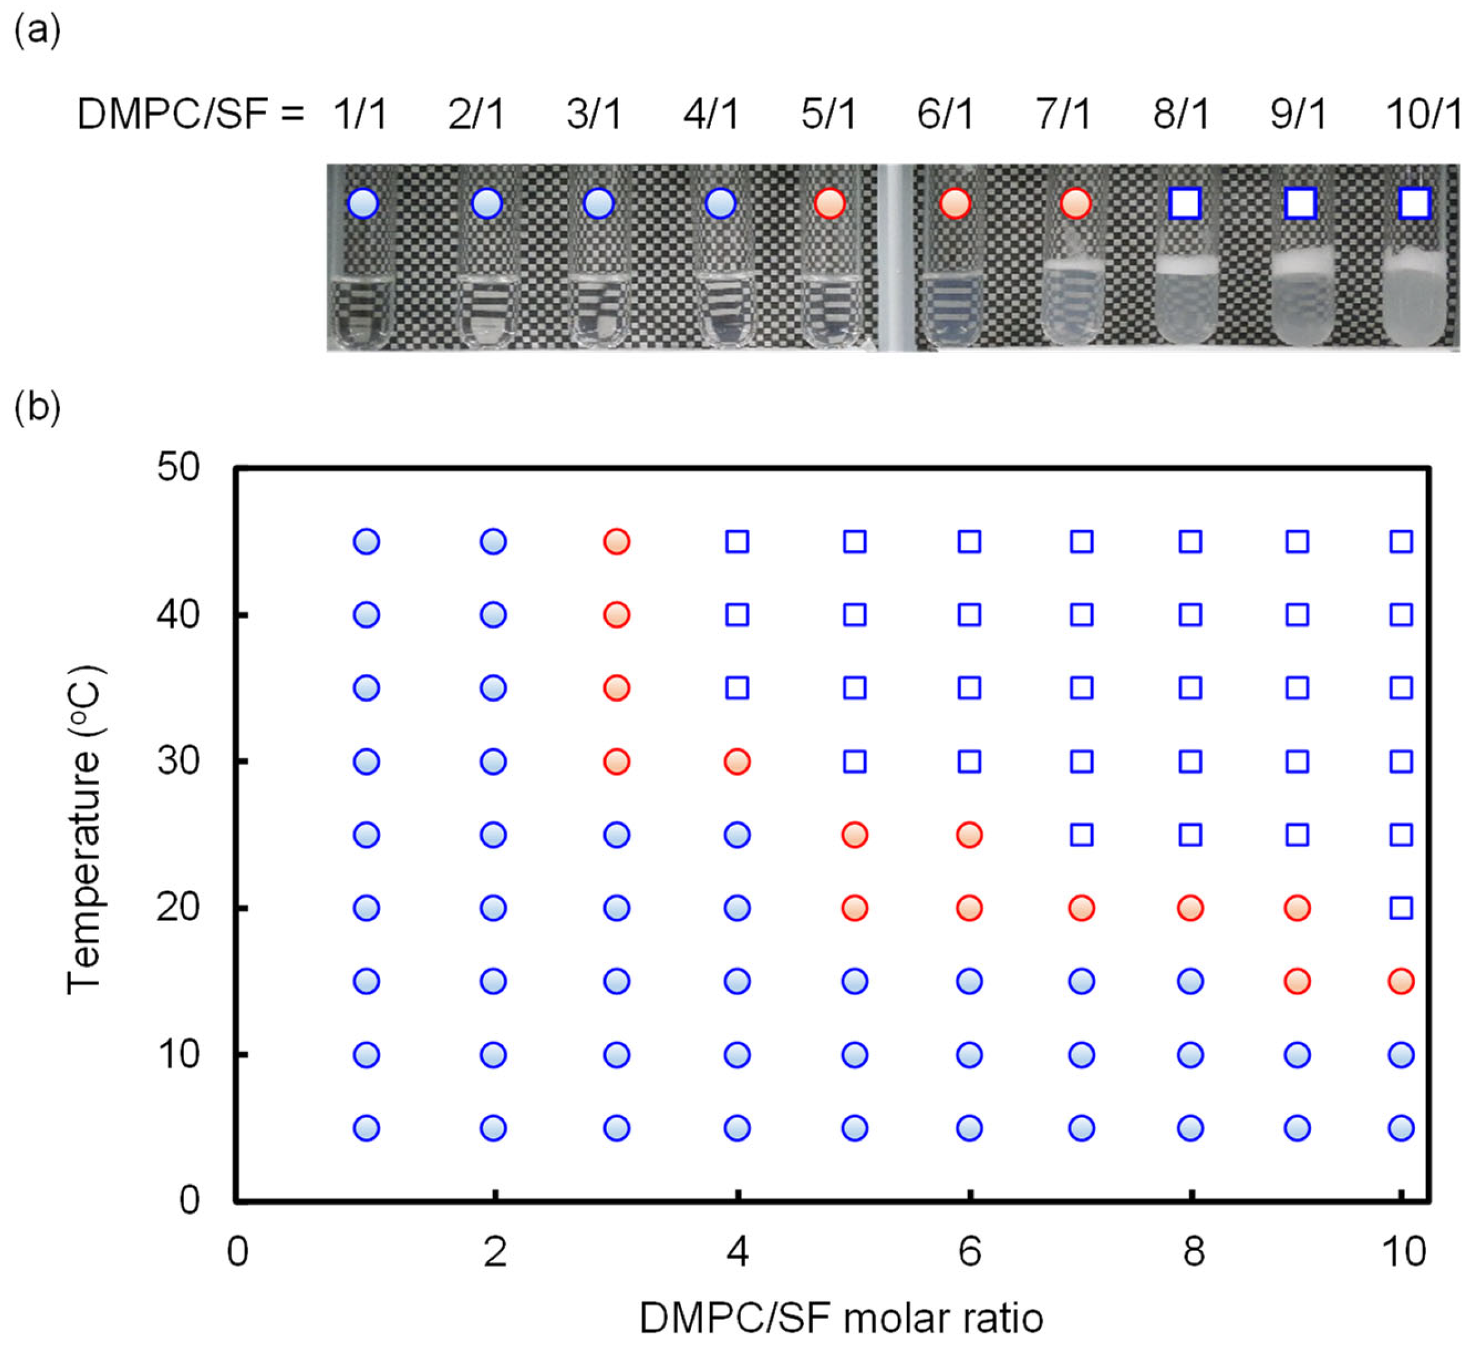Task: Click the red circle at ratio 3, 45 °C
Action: coord(616,542)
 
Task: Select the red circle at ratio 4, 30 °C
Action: coord(737,762)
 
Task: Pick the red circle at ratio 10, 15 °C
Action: coord(1401,981)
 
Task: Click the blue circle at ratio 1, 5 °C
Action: coord(366,1128)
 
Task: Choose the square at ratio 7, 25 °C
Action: coord(1082,835)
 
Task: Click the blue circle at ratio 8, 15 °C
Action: coord(1190,981)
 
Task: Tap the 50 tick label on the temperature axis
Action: coord(178,467)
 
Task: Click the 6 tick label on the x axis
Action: coord(969,1252)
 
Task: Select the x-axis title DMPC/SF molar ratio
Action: coord(841,1318)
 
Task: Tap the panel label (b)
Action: coord(36,407)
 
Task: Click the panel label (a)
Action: coord(36,31)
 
